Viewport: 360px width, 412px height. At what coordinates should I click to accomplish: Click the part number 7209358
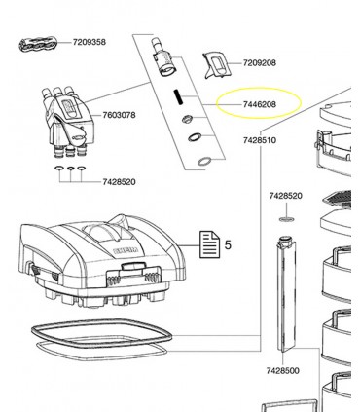[90, 42]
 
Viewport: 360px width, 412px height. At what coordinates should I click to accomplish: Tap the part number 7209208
[260, 63]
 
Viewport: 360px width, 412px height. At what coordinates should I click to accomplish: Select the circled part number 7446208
[260, 104]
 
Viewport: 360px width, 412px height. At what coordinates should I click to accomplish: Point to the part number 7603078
[119, 115]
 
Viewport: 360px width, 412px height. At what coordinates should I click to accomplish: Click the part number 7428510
[260, 140]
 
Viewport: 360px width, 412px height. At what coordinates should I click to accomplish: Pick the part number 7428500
[283, 370]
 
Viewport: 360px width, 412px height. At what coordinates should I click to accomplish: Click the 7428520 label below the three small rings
[119, 182]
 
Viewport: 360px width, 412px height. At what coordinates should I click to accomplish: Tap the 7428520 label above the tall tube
[286, 196]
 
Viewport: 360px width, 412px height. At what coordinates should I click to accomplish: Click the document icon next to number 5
[209, 244]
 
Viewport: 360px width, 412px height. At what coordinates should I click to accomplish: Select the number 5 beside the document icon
[228, 244]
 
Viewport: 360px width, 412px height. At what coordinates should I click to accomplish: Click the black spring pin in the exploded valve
[177, 96]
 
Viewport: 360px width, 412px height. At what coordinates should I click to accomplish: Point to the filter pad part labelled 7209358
[37, 45]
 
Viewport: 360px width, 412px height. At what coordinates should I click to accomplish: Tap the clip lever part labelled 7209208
[217, 65]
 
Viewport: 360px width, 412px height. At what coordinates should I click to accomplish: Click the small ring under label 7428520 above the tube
[286, 219]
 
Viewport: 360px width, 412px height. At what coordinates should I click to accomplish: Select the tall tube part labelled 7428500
[286, 294]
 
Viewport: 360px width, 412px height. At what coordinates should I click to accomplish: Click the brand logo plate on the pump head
[126, 250]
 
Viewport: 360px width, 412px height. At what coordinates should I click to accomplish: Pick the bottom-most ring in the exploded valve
[205, 161]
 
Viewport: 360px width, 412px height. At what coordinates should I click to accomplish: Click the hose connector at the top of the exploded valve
[164, 57]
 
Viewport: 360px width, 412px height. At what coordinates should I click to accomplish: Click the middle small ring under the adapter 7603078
[70, 169]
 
